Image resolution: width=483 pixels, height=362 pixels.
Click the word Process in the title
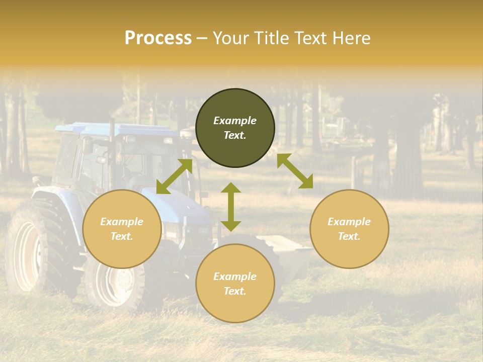[158, 38]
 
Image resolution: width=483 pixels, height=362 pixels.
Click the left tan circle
[122, 229]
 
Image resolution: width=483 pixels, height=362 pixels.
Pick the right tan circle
[349, 229]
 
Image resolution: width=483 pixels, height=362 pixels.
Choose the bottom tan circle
[235, 284]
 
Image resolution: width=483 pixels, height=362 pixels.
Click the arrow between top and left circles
[174, 176]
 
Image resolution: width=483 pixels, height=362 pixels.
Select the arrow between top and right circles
[295, 171]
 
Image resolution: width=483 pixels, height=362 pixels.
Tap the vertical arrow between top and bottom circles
[231, 207]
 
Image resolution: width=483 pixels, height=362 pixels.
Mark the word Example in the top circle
[235, 121]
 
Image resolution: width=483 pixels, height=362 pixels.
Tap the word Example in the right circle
[349, 222]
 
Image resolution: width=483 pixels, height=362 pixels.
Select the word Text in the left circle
[121, 236]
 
